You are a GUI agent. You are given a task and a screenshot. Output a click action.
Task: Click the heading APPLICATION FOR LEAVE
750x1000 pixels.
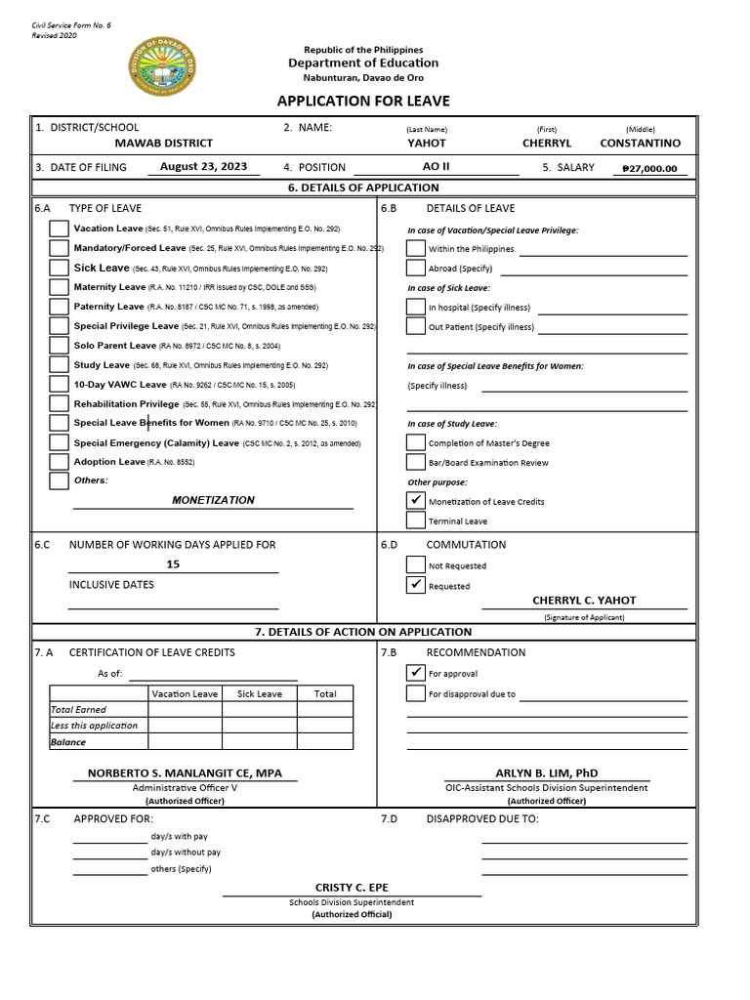tap(363, 102)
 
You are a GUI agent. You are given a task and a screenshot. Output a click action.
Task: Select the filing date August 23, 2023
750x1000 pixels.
tap(203, 167)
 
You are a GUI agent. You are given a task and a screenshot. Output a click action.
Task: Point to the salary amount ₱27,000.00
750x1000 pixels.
tap(649, 169)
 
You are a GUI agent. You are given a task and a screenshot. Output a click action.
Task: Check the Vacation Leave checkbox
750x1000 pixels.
tap(59, 229)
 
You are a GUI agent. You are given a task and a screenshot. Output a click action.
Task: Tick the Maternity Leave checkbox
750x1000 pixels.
tap(59, 287)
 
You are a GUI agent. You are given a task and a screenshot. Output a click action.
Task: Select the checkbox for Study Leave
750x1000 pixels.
tap(59, 365)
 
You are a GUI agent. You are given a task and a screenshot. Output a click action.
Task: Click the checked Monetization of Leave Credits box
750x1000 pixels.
tap(415, 500)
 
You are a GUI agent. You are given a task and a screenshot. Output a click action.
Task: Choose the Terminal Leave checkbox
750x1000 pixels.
tap(415, 521)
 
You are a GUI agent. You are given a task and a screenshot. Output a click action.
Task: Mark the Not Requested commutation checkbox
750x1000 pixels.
tap(415, 564)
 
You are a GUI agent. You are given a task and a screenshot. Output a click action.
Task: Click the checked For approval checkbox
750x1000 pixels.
tap(415, 673)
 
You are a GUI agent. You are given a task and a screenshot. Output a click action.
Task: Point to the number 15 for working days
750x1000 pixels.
tap(173, 564)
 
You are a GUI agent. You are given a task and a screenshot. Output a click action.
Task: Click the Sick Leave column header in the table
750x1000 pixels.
tap(259, 694)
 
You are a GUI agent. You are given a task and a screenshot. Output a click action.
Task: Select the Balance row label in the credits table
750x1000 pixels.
tap(68, 742)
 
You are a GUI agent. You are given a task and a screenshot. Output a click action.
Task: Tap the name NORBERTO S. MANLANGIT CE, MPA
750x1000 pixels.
tap(185, 772)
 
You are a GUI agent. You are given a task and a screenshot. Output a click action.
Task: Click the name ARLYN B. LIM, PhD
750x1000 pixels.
tap(547, 772)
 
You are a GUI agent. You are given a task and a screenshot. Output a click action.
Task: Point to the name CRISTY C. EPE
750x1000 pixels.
tap(352, 887)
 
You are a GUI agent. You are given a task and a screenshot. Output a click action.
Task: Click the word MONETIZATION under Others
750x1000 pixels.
tap(213, 500)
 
